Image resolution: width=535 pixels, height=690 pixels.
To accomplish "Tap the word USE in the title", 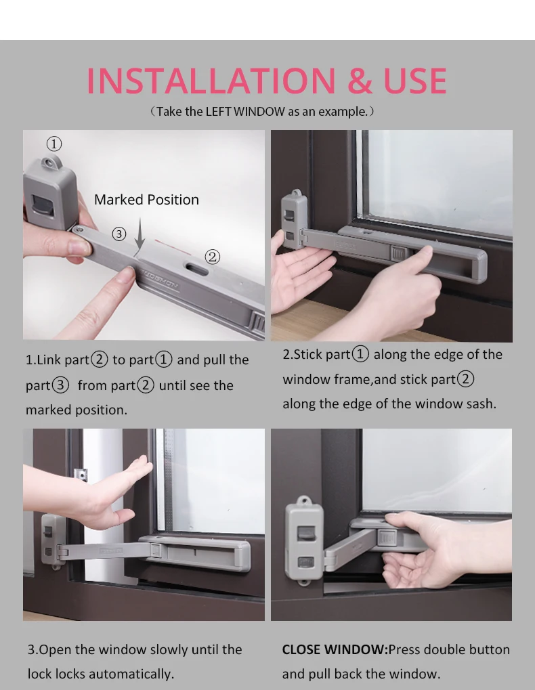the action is coord(415,81).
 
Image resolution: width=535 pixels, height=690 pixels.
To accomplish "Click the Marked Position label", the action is coord(146,200).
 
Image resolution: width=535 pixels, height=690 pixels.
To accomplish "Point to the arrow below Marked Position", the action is coord(140,233).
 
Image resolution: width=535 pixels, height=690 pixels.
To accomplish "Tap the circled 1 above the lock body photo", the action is coord(54,144).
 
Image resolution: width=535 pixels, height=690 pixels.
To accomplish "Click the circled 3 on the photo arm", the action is coord(119,234).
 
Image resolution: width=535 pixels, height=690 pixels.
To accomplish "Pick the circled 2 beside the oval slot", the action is coord(213,257).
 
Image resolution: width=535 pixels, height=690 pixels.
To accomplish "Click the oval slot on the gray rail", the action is coord(196,268).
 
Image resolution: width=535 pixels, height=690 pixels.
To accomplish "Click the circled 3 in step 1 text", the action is coord(60,385).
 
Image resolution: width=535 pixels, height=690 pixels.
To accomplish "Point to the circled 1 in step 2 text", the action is coord(360,354).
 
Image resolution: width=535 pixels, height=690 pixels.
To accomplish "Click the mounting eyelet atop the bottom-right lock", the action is coord(303,501).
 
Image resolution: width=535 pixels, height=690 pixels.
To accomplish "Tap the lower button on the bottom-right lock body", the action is coord(306,562).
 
